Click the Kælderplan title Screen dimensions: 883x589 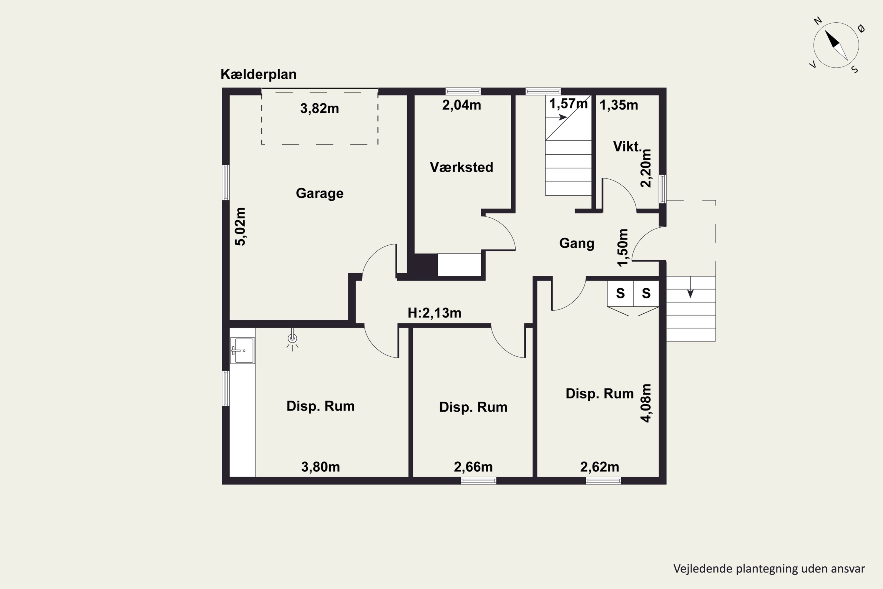(258, 75)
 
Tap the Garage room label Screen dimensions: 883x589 (319, 193)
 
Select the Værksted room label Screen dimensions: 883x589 (462, 167)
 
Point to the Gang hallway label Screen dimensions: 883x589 (577, 244)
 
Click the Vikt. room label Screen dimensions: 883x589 (627, 146)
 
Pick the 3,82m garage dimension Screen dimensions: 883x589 (319, 109)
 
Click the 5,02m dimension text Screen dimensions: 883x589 (240, 226)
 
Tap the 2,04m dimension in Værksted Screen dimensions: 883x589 (462, 105)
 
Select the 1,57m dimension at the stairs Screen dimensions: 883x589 (568, 104)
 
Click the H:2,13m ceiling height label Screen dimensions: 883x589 (434, 313)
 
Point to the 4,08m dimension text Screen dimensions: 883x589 (646, 403)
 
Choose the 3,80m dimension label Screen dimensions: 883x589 (321, 467)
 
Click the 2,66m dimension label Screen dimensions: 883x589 (473, 467)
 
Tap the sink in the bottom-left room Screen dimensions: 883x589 (243, 350)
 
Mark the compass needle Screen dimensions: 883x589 (836, 45)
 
